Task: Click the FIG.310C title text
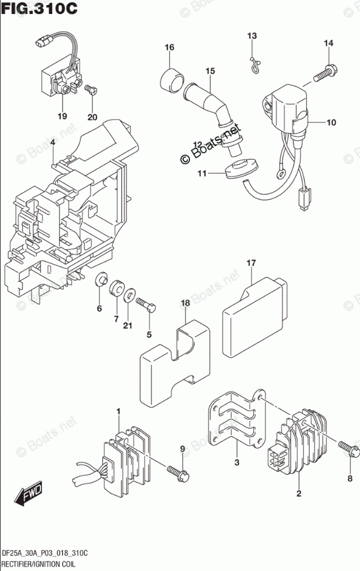[x=39, y=8]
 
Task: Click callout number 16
[x=169, y=47]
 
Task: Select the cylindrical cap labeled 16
[x=170, y=79]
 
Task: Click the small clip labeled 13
[x=255, y=65]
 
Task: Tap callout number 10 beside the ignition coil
[x=331, y=123]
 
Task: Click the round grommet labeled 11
[x=242, y=169]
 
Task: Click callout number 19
[x=62, y=116]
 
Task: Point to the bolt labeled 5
[x=146, y=305]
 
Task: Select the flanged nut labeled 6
[x=101, y=280]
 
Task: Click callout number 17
[x=251, y=262]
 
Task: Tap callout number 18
[x=185, y=303]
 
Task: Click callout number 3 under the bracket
[x=237, y=463]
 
